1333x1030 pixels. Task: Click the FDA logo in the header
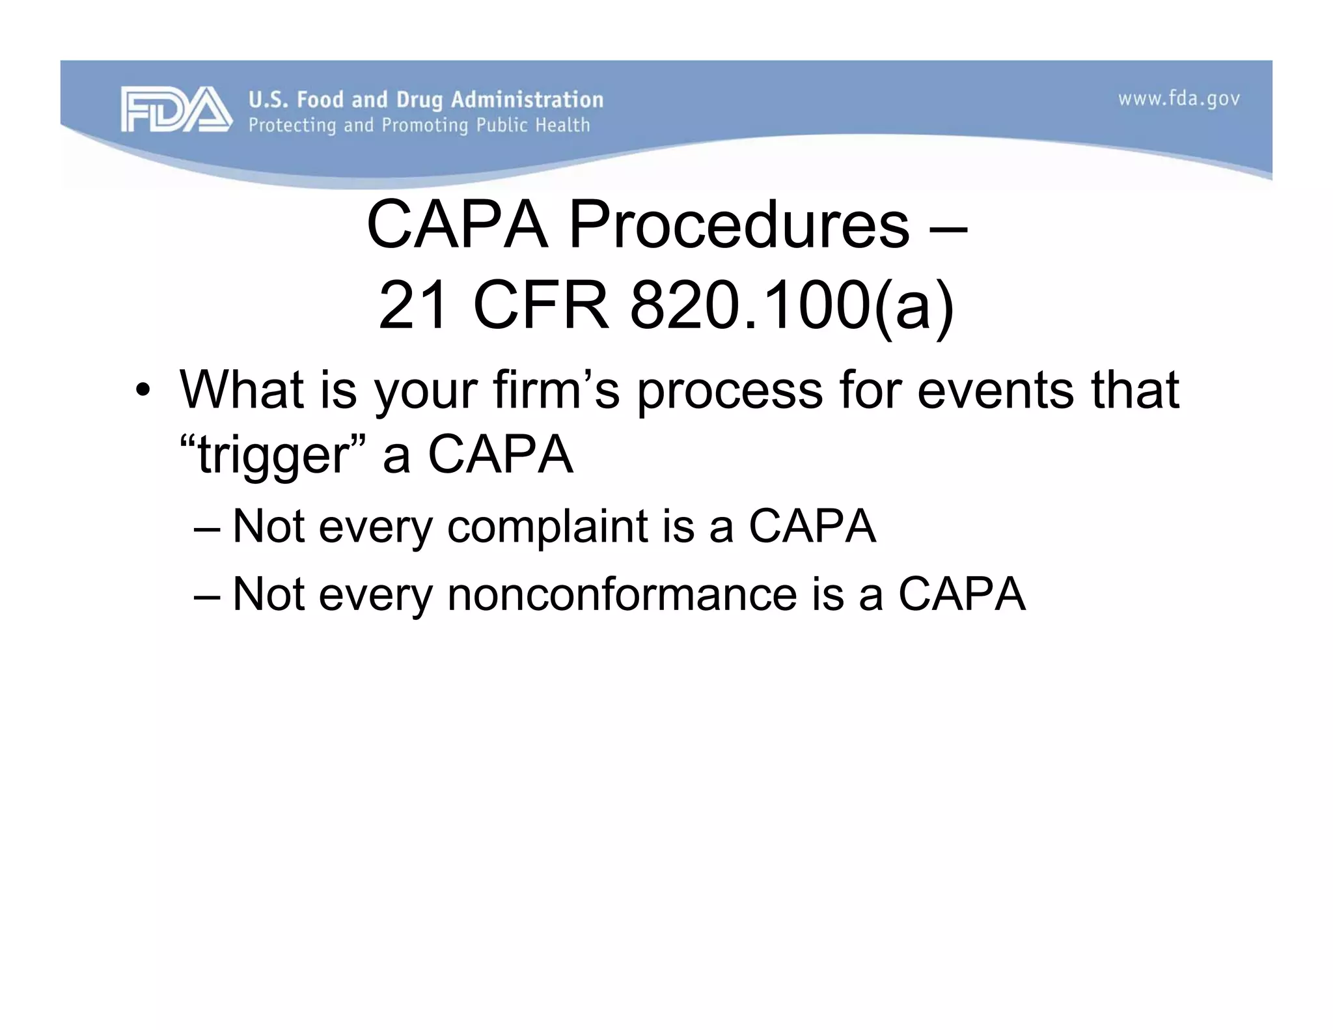tap(176, 109)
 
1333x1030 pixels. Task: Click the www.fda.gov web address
tap(1179, 99)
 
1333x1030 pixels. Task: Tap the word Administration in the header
tap(527, 100)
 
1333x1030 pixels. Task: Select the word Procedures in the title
tap(739, 225)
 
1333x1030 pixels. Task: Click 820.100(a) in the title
tap(791, 305)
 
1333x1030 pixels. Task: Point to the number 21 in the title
tap(414, 305)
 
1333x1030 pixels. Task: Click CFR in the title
tap(540, 305)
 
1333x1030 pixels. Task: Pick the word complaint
tap(547, 526)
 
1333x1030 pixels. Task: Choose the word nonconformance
tap(622, 594)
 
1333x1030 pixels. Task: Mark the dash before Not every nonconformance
tap(208, 595)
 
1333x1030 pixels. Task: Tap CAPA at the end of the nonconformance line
tap(962, 594)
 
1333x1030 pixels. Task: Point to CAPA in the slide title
tap(457, 225)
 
